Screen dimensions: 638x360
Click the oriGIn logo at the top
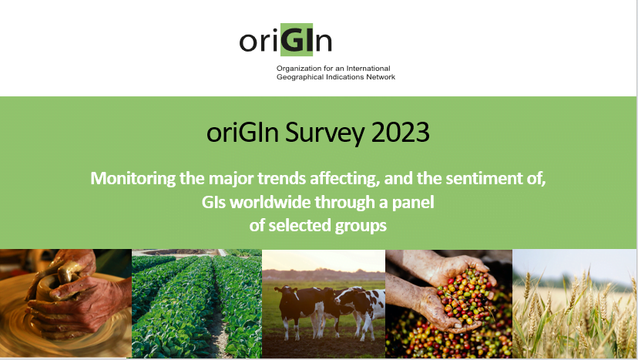pyautogui.click(x=286, y=40)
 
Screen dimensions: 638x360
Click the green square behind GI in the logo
pyautogui.click(x=297, y=39)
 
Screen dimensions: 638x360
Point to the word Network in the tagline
pyautogui.click(x=381, y=77)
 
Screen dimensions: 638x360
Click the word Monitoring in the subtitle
pyautogui.click(x=133, y=178)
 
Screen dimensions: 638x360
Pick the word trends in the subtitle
pyautogui.click(x=281, y=178)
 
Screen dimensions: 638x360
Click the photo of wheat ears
pyautogui.click(x=575, y=304)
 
